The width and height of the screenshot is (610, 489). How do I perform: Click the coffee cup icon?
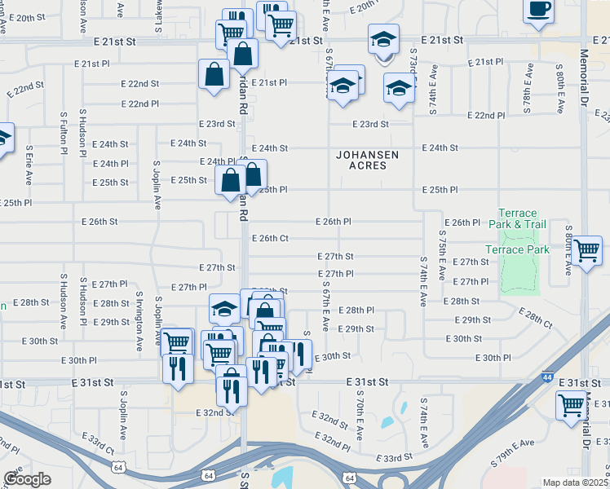[x=538, y=10]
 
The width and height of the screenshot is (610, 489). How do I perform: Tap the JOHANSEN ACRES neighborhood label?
[x=359, y=160]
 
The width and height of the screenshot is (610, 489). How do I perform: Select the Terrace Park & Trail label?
[x=518, y=218]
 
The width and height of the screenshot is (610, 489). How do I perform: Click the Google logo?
[x=27, y=478]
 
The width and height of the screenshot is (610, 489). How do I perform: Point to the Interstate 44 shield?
[x=545, y=378]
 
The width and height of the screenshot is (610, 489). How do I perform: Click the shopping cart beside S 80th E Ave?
[x=587, y=251]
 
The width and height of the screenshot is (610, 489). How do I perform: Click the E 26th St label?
[x=100, y=222]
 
